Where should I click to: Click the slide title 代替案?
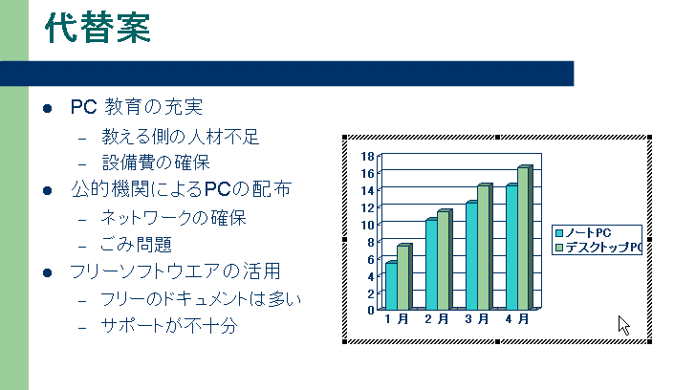98,28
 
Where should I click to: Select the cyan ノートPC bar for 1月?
391,286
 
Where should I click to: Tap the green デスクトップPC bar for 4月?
525,237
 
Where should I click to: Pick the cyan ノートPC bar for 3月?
471,255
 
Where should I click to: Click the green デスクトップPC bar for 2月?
445,260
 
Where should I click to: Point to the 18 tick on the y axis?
368,156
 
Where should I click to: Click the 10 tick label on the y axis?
368,225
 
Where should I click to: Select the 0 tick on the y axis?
371,310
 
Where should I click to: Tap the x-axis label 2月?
437,319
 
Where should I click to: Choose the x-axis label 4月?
517,319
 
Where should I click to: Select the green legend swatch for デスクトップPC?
559,248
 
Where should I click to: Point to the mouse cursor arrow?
623,326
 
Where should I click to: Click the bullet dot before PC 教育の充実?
47,108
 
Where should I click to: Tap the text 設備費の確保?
156,162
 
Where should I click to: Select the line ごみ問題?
137,245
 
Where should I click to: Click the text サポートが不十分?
169,326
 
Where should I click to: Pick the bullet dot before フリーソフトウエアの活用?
47,272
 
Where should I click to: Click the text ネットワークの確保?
173,218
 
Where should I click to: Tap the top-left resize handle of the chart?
344,137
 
